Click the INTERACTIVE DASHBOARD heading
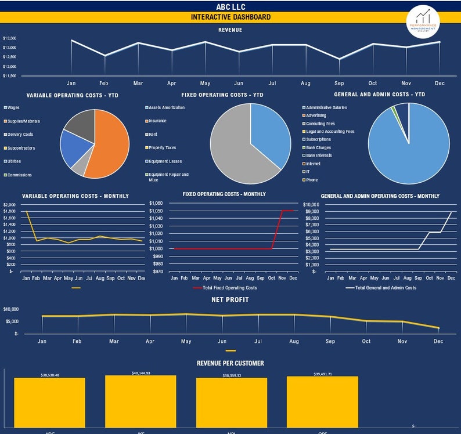click(230, 17)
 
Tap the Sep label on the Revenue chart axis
click(339, 84)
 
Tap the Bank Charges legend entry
click(318, 147)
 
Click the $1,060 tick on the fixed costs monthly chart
click(156, 204)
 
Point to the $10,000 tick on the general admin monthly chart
click(311, 205)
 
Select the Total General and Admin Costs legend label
click(385, 288)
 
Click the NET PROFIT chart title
click(230, 300)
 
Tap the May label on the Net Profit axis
click(186, 342)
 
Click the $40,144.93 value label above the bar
click(141, 373)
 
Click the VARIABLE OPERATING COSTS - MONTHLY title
click(75, 196)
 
